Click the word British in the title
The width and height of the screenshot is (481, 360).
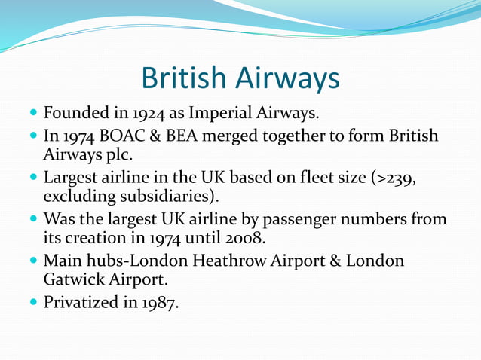pos(181,78)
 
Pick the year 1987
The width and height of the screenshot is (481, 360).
pos(161,304)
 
